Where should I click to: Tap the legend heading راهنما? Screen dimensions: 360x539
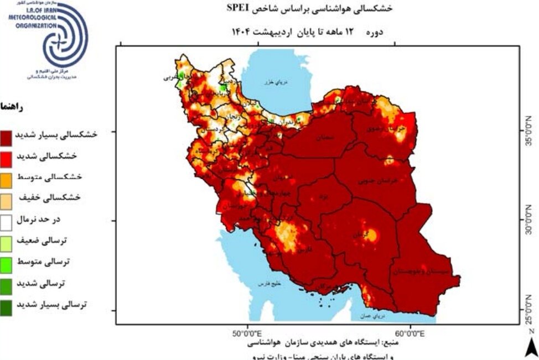[x=12, y=108]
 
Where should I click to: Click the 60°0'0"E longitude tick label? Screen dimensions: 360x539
[x=410, y=333]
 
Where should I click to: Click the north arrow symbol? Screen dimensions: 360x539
[x=530, y=346]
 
